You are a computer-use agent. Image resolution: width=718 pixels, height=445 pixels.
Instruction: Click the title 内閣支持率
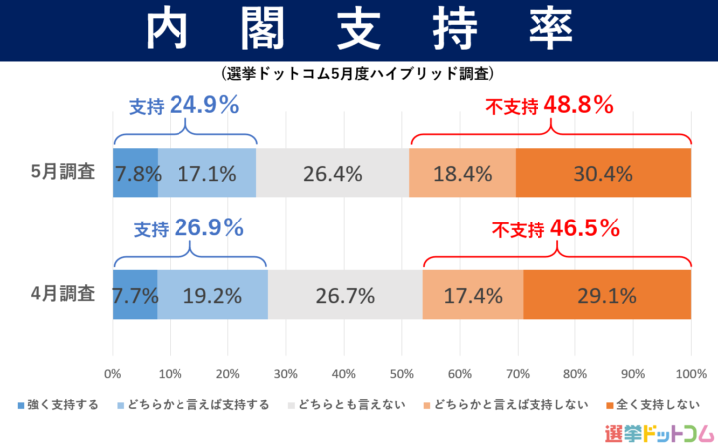click(x=359, y=30)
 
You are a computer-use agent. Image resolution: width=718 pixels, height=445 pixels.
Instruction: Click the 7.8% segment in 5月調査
click(x=136, y=173)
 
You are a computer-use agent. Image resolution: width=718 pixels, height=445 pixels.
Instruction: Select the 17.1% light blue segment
click(x=206, y=173)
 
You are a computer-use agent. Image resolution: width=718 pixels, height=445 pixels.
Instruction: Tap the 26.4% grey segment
click(x=332, y=173)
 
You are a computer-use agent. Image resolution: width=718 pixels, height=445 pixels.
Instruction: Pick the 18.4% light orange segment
click(x=462, y=173)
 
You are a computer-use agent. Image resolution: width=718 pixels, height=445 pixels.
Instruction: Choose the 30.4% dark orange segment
click(x=603, y=173)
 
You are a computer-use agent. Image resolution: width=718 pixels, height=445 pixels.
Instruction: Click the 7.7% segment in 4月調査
click(x=135, y=295)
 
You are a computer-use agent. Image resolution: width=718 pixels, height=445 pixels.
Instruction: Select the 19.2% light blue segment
click(x=211, y=295)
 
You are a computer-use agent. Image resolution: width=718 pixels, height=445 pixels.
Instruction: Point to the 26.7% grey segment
click(x=345, y=295)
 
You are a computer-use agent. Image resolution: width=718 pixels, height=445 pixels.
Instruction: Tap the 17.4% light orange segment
click(x=472, y=295)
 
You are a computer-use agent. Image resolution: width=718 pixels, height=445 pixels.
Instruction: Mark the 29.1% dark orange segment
click(x=606, y=295)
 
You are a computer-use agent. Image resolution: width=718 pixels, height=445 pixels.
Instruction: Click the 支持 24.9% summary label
click(x=184, y=103)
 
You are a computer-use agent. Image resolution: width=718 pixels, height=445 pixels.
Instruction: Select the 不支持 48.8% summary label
click(x=548, y=105)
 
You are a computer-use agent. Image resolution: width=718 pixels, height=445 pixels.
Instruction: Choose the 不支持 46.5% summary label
click(x=555, y=228)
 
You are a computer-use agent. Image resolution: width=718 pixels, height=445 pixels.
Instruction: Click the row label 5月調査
click(x=62, y=172)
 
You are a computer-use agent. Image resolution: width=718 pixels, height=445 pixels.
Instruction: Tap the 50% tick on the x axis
click(x=401, y=374)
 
